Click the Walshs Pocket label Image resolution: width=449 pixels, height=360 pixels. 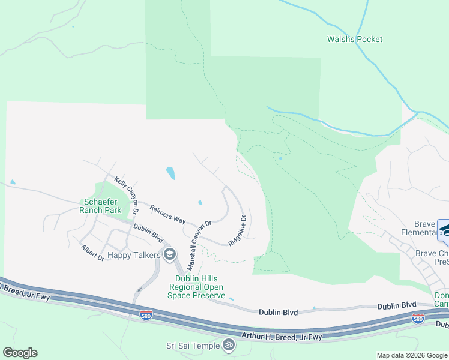click(x=354, y=40)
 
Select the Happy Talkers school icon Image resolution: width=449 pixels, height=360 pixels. click(x=169, y=255)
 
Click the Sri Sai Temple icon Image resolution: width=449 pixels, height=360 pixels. click(x=228, y=345)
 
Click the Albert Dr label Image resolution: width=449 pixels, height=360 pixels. click(x=93, y=253)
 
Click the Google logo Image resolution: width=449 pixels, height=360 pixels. click(x=20, y=353)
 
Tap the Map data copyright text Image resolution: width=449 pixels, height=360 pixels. click(x=412, y=355)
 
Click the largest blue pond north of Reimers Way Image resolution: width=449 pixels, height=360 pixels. click(x=170, y=173)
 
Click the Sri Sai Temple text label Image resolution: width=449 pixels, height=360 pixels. click(x=193, y=345)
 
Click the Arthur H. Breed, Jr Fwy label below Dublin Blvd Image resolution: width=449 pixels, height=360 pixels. click(x=281, y=337)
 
